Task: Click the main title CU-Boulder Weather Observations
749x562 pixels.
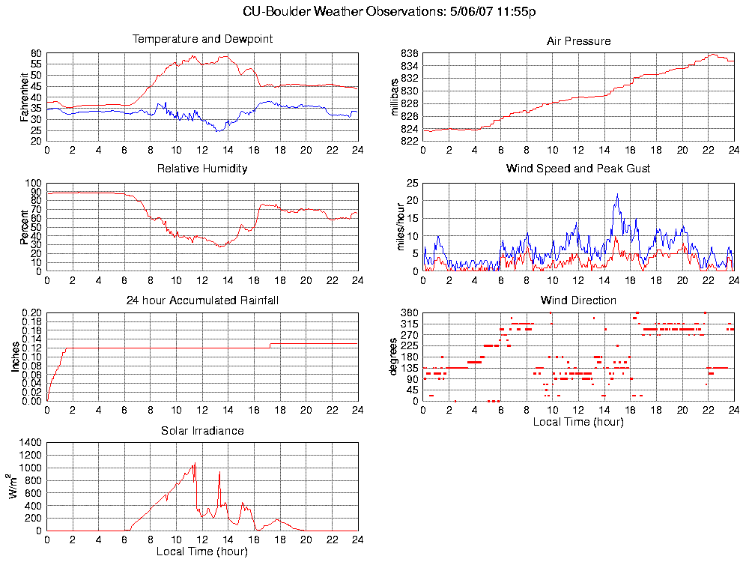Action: click(x=389, y=12)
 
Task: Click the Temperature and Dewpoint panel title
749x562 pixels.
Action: click(x=202, y=39)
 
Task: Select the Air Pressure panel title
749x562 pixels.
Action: click(x=578, y=41)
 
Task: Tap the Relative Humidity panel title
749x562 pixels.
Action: click(x=202, y=169)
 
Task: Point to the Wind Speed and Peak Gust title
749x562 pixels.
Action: click(x=578, y=169)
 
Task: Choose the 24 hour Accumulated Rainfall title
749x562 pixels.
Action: click(x=202, y=300)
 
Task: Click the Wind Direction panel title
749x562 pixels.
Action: click(x=578, y=300)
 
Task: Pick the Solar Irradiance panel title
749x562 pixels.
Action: click(x=202, y=431)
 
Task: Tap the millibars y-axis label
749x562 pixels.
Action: click(x=396, y=97)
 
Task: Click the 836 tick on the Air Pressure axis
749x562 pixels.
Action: click(x=409, y=54)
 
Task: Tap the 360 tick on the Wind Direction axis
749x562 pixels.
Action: click(x=409, y=312)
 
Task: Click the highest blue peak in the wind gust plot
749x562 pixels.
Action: click(x=617, y=195)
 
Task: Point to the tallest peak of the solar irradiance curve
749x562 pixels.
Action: click(x=195, y=464)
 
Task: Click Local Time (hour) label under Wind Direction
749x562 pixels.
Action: click(x=578, y=422)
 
